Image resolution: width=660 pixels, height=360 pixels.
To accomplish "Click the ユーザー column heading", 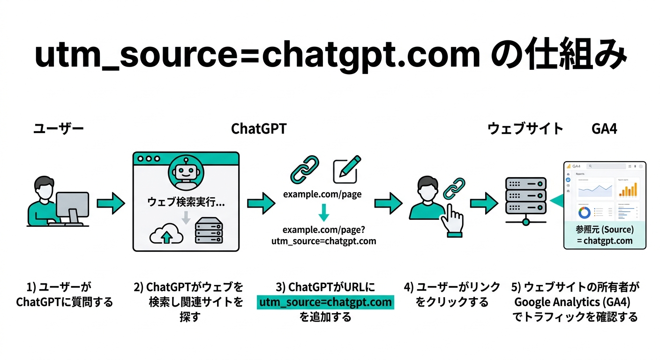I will tap(58, 128).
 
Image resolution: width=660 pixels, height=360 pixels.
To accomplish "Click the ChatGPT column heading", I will tap(259, 128).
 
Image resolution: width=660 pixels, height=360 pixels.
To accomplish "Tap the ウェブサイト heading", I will tap(525, 128).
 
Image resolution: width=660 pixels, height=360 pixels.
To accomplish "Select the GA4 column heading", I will tap(604, 128).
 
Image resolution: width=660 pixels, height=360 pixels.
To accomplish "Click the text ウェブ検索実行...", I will tap(186, 202).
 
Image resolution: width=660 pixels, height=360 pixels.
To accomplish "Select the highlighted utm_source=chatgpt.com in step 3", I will tap(326, 302).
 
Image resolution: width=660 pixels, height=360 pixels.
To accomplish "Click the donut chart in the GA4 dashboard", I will tap(584, 212).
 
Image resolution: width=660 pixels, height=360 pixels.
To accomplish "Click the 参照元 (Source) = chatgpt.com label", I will tap(605, 235).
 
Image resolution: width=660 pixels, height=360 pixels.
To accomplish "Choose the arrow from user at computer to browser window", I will tap(111, 203).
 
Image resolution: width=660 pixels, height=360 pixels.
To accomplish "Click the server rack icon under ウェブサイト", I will tap(525, 197).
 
